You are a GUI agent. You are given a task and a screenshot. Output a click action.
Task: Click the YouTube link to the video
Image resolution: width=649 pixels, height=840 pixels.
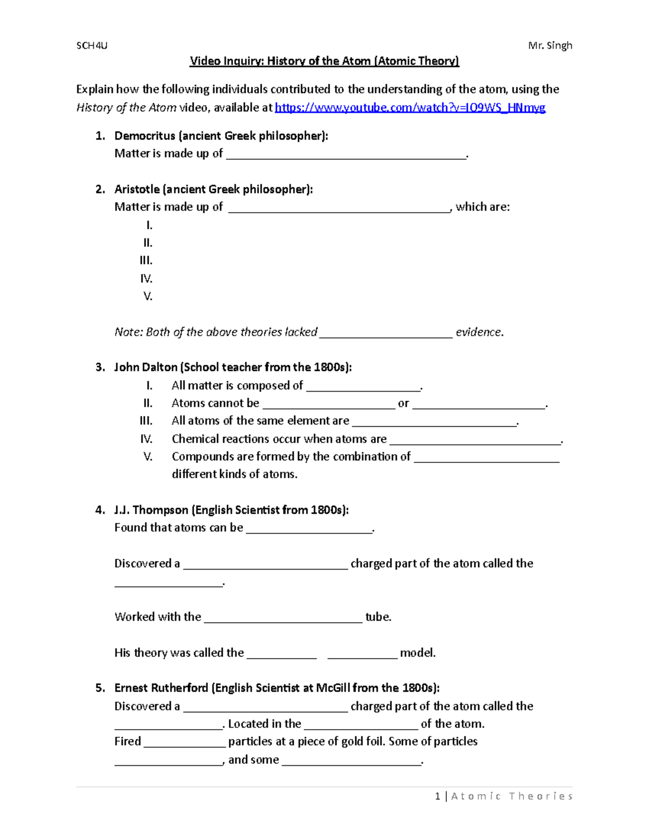point(410,108)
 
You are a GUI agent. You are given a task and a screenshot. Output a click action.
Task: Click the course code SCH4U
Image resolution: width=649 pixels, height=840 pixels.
point(92,45)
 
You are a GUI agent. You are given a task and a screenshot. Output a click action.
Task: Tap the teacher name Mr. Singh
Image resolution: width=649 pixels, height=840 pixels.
point(550,45)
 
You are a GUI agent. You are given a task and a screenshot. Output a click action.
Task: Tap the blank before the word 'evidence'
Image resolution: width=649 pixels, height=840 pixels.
point(386,333)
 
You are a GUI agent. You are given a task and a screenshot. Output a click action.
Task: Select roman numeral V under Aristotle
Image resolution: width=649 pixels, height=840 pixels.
point(148,296)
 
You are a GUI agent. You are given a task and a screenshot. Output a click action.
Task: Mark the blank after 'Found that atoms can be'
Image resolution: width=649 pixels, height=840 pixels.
point(309,528)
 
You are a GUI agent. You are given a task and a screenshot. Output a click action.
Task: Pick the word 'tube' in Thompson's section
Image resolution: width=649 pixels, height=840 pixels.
point(377,617)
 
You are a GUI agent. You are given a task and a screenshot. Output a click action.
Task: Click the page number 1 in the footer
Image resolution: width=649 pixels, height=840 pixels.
point(438,796)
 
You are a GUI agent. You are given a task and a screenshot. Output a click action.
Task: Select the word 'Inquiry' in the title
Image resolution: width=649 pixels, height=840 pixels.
point(241,61)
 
